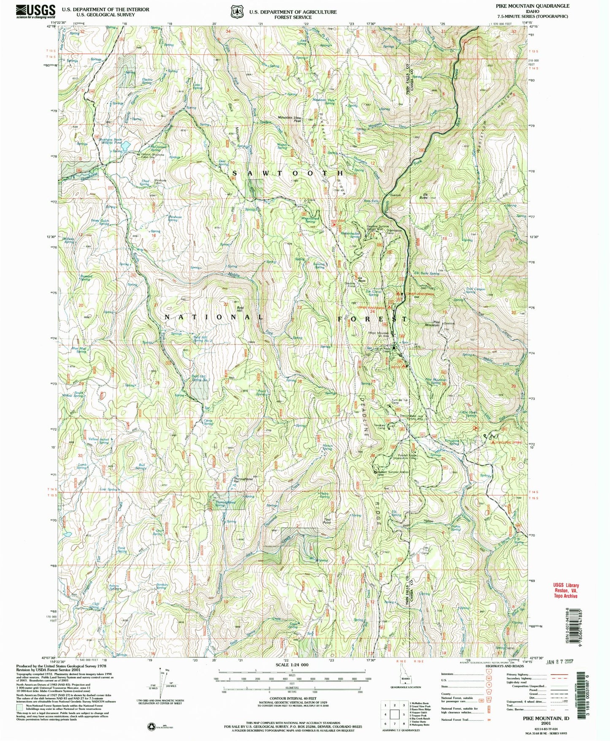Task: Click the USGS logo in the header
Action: pos(36,11)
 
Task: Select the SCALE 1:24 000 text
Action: pos(291,665)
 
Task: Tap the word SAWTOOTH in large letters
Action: pos(288,173)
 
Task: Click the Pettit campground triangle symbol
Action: pos(404,366)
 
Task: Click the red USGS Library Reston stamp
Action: pos(566,590)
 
